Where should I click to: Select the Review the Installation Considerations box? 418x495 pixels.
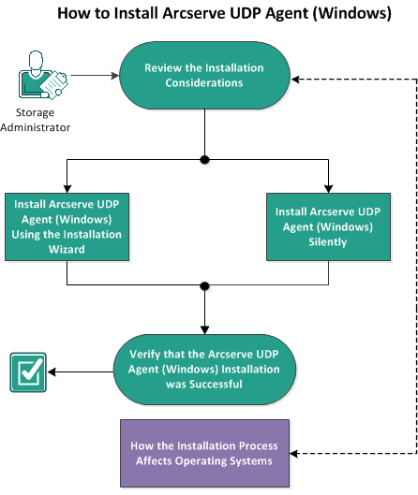[203, 76]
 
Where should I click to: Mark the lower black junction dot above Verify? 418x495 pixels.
[203, 284]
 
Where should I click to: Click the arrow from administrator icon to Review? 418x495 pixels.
[94, 76]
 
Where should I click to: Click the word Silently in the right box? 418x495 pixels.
[329, 242]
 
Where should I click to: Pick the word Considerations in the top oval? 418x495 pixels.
[203, 83]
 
